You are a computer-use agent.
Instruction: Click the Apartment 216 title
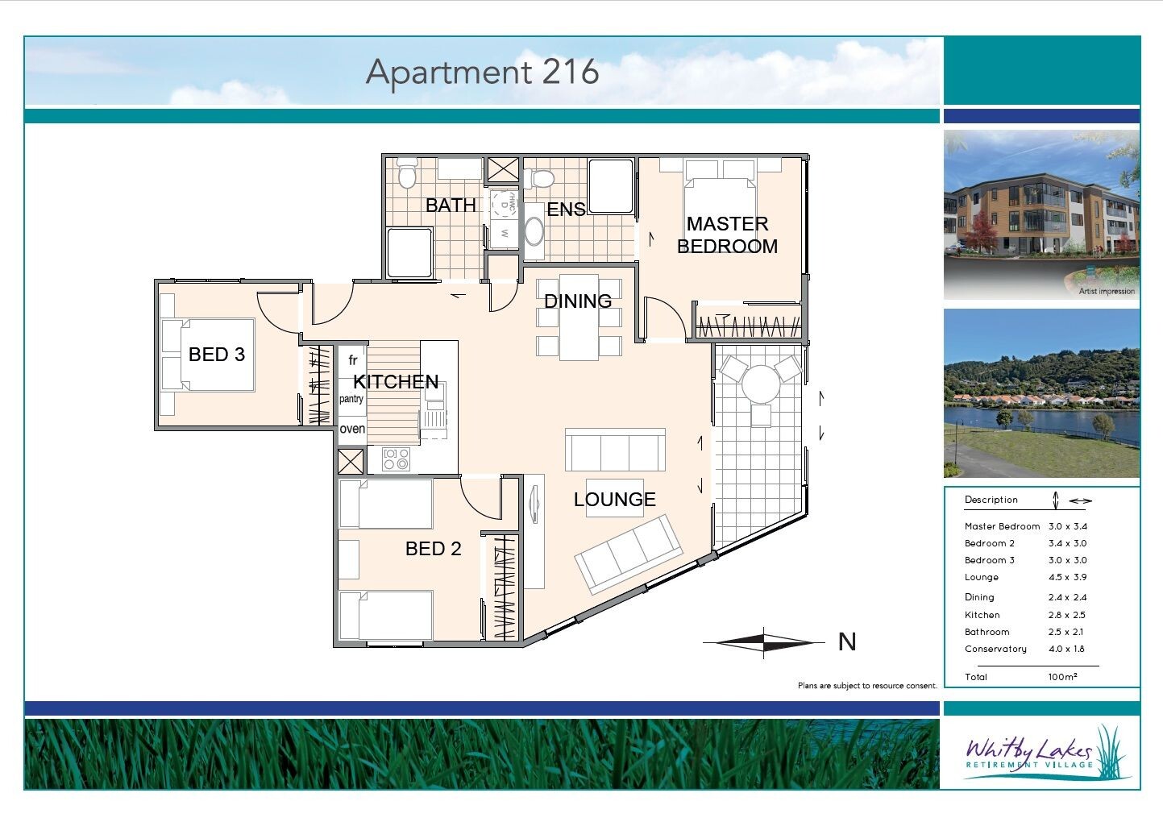tap(482, 73)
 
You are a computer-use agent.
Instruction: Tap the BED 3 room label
tap(217, 355)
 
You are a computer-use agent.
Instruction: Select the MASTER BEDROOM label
tap(728, 235)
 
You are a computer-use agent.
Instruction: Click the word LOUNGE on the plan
tap(615, 500)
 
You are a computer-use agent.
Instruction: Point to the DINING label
tap(578, 301)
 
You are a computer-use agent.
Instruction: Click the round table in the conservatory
tap(761, 384)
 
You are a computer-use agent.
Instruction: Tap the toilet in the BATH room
tap(407, 174)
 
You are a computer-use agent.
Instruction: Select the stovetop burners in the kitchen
tap(396, 459)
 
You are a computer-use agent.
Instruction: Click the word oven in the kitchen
tap(352, 429)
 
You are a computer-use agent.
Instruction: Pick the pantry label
tap(351, 400)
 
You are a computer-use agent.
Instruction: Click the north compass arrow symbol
tap(764, 643)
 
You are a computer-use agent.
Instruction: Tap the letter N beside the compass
tap(847, 642)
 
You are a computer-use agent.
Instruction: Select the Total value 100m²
tap(1063, 677)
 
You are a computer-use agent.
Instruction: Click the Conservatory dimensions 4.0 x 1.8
tap(1066, 649)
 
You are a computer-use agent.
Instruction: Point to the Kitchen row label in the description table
tap(982, 615)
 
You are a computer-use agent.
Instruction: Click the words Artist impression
tap(1107, 291)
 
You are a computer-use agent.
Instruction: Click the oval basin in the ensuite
tap(534, 231)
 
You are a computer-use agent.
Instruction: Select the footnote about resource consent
tap(867, 686)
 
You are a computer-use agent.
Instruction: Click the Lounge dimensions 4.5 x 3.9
tap(1067, 577)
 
